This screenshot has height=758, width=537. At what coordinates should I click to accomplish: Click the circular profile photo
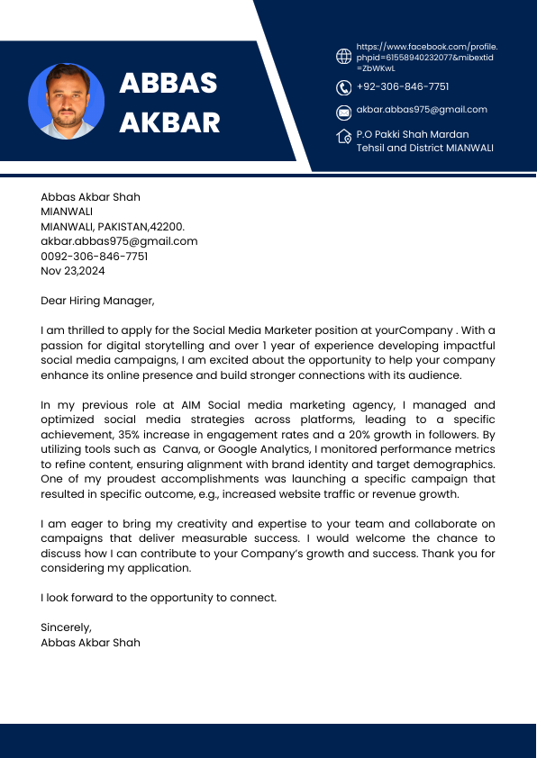pyautogui.click(x=67, y=101)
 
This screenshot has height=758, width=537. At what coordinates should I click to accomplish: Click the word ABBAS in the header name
pyautogui.click(x=168, y=83)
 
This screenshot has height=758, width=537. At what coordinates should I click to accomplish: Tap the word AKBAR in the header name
pyautogui.click(x=169, y=122)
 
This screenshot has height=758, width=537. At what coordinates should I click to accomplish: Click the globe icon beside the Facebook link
pyautogui.click(x=343, y=57)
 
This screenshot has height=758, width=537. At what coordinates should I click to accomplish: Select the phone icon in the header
pyautogui.click(x=343, y=87)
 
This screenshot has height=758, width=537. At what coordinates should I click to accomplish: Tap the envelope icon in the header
pyautogui.click(x=343, y=113)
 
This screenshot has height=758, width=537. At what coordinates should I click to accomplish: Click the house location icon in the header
pyautogui.click(x=343, y=137)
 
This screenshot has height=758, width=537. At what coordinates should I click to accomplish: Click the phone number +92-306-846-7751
pyautogui.click(x=402, y=86)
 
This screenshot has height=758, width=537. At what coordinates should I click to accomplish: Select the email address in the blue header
pyautogui.click(x=422, y=110)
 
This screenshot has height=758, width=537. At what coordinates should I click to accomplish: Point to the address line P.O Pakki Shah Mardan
pyautogui.click(x=412, y=134)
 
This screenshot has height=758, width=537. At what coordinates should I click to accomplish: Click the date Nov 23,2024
pyautogui.click(x=73, y=271)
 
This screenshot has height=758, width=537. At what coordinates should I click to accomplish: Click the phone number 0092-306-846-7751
pyautogui.click(x=95, y=257)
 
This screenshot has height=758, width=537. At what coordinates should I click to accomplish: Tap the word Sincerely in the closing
pyautogui.click(x=67, y=627)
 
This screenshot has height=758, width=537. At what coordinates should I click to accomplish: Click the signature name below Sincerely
pyautogui.click(x=90, y=643)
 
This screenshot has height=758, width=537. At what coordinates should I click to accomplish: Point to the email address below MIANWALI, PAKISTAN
pyautogui.click(x=119, y=241)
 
